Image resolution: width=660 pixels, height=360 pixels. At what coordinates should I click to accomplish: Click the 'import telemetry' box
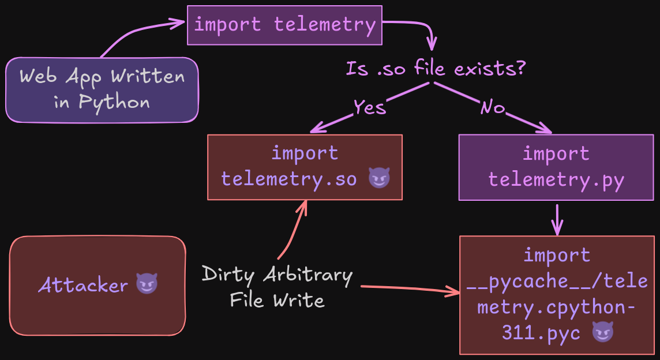pyautogui.click(x=284, y=25)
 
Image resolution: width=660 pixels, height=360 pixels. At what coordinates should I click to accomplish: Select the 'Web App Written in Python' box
pyautogui.click(x=102, y=89)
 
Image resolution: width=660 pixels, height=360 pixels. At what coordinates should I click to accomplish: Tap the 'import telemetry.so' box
pyautogui.click(x=305, y=167)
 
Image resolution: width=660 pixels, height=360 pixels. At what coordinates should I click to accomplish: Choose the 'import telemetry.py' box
pyautogui.click(x=556, y=167)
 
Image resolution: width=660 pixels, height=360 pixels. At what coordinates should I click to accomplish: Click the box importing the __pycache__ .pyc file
pyautogui.click(x=557, y=294)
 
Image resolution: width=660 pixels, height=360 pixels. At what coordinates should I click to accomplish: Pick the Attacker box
pyautogui.click(x=97, y=285)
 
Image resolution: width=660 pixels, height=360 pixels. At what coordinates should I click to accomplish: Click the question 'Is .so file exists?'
pyautogui.click(x=436, y=69)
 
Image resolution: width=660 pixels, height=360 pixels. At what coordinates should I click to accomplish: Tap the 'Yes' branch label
pyautogui.click(x=369, y=107)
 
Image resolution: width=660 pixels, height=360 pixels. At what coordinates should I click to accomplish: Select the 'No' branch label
pyautogui.click(x=493, y=107)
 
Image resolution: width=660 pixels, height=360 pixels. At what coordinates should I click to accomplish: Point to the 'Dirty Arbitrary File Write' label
pyautogui.click(x=277, y=287)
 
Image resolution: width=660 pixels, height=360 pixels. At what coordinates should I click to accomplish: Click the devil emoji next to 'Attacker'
pyautogui.click(x=147, y=284)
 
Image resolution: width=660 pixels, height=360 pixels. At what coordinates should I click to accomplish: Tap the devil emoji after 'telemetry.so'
pyautogui.click(x=379, y=179)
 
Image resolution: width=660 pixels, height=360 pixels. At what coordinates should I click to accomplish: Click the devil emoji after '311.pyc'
pyautogui.click(x=603, y=332)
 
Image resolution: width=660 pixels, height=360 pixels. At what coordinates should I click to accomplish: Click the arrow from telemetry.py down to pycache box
pyautogui.click(x=557, y=219)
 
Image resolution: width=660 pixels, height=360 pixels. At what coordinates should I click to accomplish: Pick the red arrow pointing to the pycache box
pyautogui.click(x=410, y=288)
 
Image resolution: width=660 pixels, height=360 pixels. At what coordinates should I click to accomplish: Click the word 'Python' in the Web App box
pyautogui.click(x=114, y=103)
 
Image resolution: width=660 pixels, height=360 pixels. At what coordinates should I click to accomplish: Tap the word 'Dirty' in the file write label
pyautogui.click(x=228, y=275)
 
